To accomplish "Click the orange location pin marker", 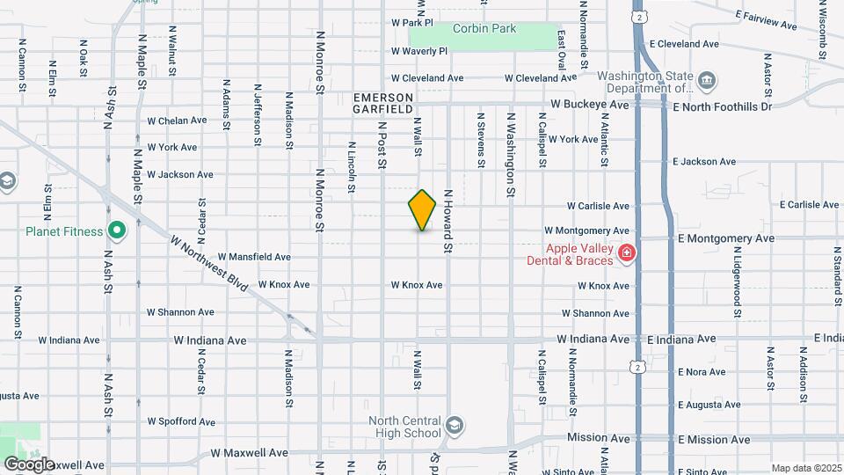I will coord(423,209).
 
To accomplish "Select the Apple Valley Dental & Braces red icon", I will coord(626,254).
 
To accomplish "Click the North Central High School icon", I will coord(454,427).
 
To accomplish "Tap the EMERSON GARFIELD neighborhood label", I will coord(382,102).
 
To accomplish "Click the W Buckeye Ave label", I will coord(590,104).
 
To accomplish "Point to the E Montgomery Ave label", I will coord(726,238).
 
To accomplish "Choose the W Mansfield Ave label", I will coord(255,257).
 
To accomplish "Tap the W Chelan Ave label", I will coord(177,121).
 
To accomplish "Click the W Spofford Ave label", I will coord(180,421).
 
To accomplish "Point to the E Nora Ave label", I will coord(702,372).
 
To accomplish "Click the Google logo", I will coord(29,464).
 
